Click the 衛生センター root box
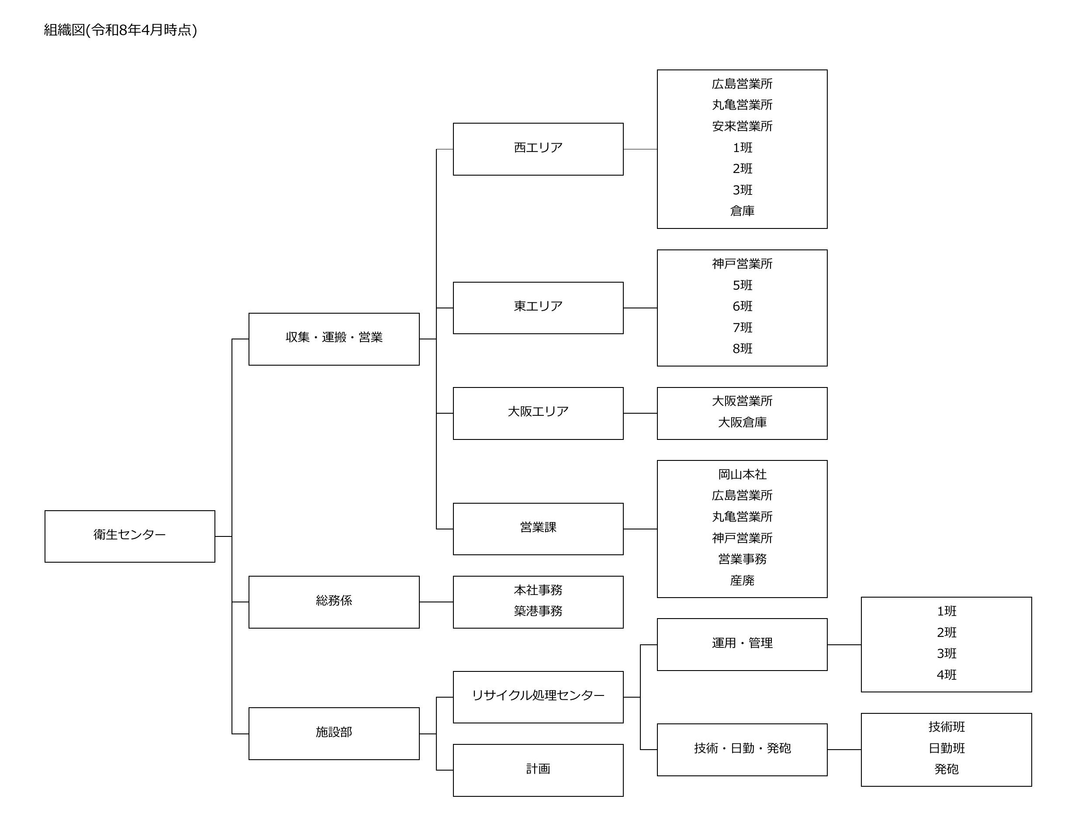[129, 536]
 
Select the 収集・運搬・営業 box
[334, 339]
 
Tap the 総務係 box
[334, 602]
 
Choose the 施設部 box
[334, 733]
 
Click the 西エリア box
[538, 149]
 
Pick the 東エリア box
[538, 308]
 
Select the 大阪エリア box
[538, 413]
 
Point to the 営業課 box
[538, 529]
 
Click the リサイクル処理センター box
[538, 697]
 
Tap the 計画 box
[538, 770]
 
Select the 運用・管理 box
[742, 644]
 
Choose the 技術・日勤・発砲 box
[742, 750]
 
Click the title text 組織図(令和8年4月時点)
[121, 30]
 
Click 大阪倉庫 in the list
[742, 422]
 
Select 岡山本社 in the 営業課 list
[742, 475]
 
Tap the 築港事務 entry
[538, 612]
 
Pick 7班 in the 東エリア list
[742, 328]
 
